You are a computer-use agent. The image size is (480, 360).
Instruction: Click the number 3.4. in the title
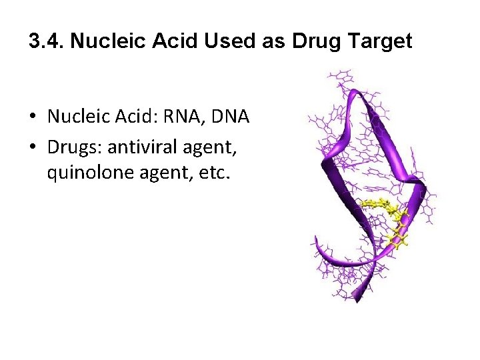46,42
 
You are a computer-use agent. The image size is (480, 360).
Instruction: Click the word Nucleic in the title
100,42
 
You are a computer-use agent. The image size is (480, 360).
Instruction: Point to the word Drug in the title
309,42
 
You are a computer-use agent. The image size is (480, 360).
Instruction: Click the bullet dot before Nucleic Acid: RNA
33,118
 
